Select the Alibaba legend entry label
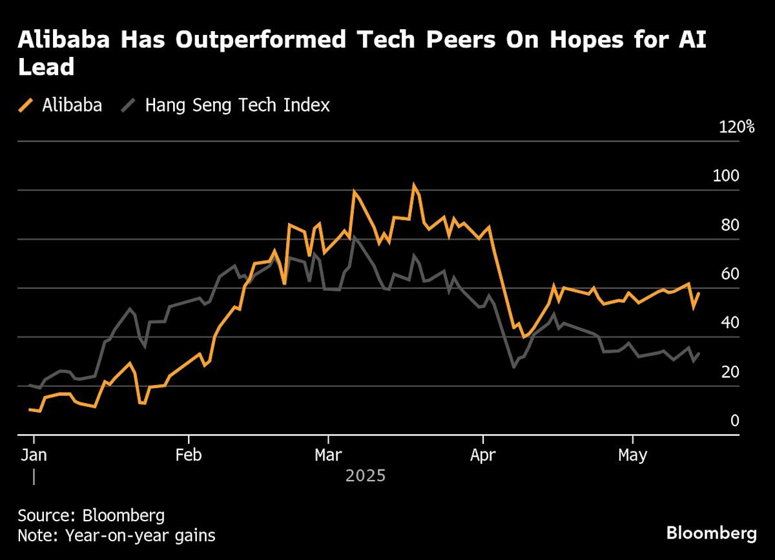(x=72, y=105)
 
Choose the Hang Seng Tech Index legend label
(x=237, y=105)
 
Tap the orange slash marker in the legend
(x=26, y=105)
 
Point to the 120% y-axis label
(x=736, y=127)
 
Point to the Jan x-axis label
(x=33, y=455)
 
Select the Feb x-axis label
(x=188, y=455)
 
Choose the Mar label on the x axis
(x=328, y=455)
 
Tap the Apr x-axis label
(x=483, y=455)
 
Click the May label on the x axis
(x=632, y=455)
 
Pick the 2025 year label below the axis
(x=366, y=476)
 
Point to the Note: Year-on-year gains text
(x=116, y=535)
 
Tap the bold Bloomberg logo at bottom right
(x=711, y=534)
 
